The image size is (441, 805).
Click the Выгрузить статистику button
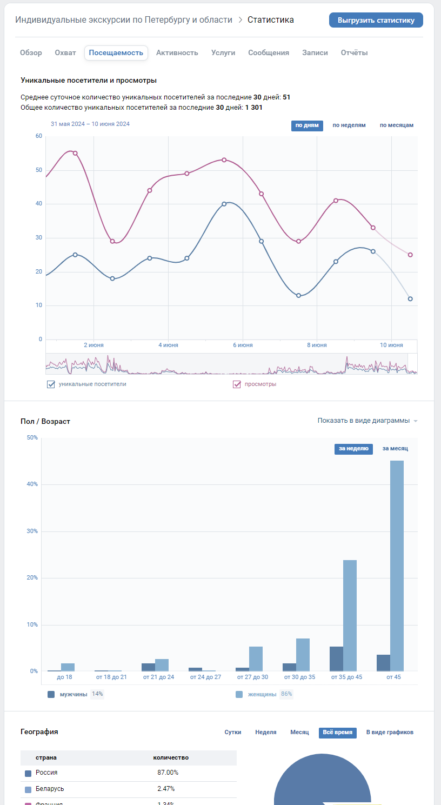coord(376,20)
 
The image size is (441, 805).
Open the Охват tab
coord(65,52)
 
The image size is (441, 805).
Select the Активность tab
coord(177,52)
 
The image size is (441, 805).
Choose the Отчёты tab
coord(354,52)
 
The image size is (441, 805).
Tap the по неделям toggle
coord(349,125)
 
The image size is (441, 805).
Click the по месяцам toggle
coord(396,125)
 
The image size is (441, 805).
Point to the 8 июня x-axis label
coord(317,345)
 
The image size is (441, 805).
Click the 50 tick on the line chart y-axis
coord(38,170)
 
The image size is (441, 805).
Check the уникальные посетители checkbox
coord(51,384)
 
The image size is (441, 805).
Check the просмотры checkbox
coord(237,384)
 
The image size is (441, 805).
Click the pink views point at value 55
coord(75,153)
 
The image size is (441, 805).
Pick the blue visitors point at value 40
coord(224,204)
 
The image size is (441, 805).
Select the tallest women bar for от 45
coord(397,566)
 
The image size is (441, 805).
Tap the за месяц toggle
coord(395,449)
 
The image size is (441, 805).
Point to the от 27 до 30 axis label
coord(252,677)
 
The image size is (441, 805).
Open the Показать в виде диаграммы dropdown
coord(367,421)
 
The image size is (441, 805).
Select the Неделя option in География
coord(265,732)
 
